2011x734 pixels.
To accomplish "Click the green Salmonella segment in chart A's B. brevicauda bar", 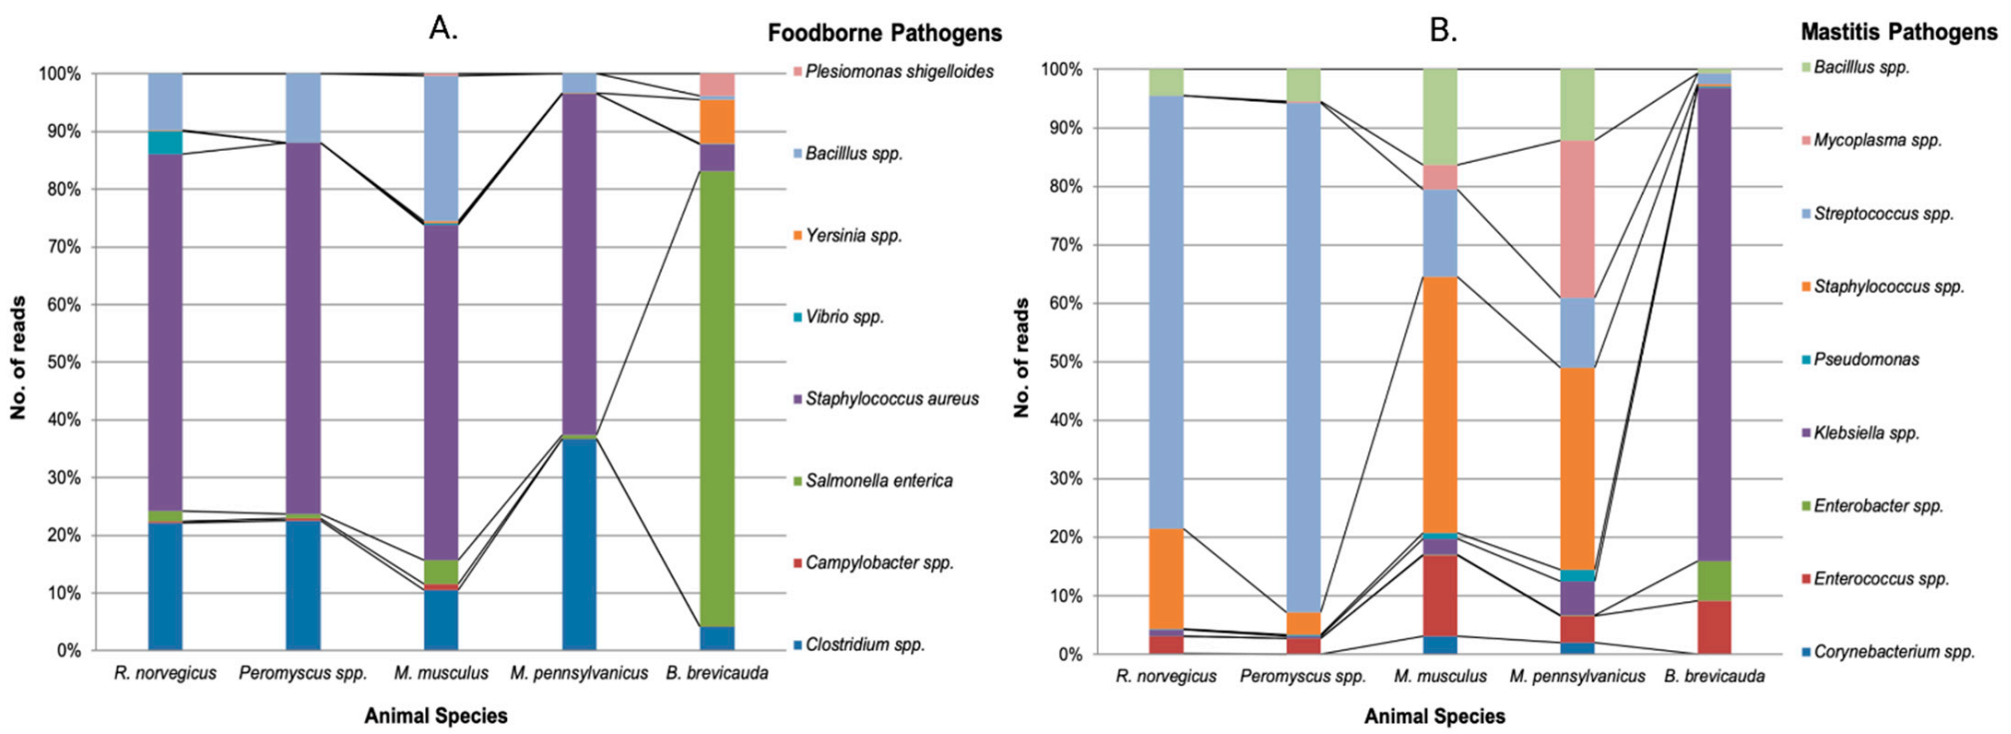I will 717,399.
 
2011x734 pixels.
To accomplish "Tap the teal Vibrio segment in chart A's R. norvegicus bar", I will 166,143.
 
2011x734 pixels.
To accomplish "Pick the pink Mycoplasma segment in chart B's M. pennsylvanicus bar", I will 1577,220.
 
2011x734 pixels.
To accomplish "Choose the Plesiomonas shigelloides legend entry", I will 898,72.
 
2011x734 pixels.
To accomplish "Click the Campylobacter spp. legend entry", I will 878,563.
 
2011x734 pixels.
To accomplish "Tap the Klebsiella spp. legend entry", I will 1865,433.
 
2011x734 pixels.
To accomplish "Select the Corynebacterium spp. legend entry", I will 1893,652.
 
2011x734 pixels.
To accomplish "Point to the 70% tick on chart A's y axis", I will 60,247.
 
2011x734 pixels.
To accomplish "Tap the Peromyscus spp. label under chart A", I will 302,674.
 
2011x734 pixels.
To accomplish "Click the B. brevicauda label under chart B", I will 1714,677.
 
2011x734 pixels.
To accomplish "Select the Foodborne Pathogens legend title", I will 884,33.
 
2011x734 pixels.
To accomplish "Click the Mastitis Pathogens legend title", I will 1898,32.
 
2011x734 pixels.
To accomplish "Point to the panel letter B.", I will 1442,30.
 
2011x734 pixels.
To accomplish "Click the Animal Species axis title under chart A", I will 435,716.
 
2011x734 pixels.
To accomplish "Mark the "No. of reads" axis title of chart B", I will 1021,358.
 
